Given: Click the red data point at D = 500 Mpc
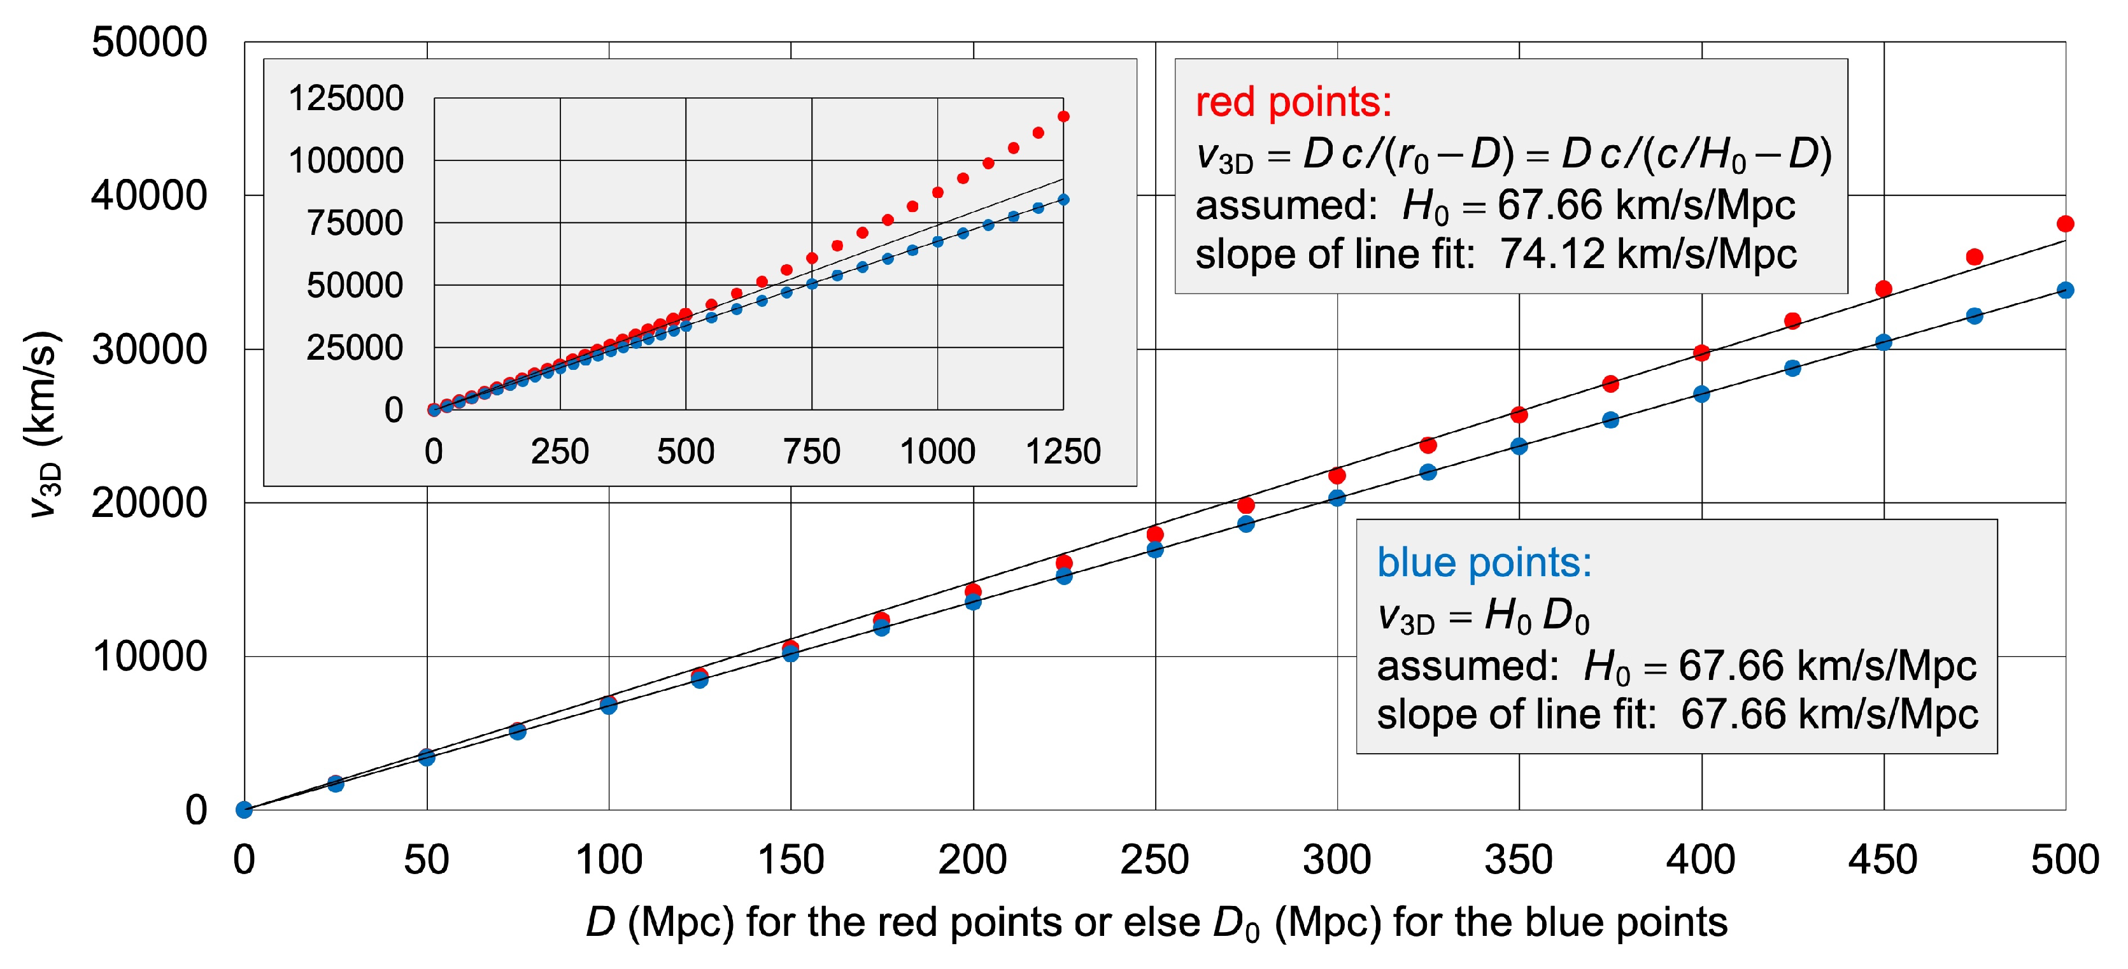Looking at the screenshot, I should pyautogui.click(x=2065, y=224).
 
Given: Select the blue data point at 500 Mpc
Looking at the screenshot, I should pyautogui.click(x=2065, y=290).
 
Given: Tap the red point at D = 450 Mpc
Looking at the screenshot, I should pyautogui.click(x=1883, y=288).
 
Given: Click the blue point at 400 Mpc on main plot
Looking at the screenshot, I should pyautogui.click(x=1701, y=394).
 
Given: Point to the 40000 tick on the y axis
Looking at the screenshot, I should pyautogui.click(x=150, y=197).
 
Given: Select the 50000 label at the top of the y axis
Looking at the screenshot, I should pyautogui.click(x=150, y=42).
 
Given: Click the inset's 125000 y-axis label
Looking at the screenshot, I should pyautogui.click(x=345, y=98).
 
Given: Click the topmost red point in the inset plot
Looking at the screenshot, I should pyautogui.click(x=1063, y=117).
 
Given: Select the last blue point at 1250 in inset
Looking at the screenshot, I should pyautogui.click(x=1063, y=200).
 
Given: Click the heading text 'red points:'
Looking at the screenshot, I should pyautogui.click(x=1293, y=103).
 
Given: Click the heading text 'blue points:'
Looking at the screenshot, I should pyautogui.click(x=1484, y=563).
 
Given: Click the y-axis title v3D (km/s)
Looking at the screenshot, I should pyautogui.click(x=42, y=425).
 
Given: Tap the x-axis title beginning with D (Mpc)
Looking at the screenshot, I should pyautogui.click(x=1156, y=923).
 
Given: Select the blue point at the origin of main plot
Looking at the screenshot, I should pyautogui.click(x=244, y=810).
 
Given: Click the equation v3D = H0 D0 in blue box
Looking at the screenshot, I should pyautogui.click(x=1483, y=616).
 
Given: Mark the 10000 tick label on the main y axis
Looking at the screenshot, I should pyautogui.click(x=150, y=658).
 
